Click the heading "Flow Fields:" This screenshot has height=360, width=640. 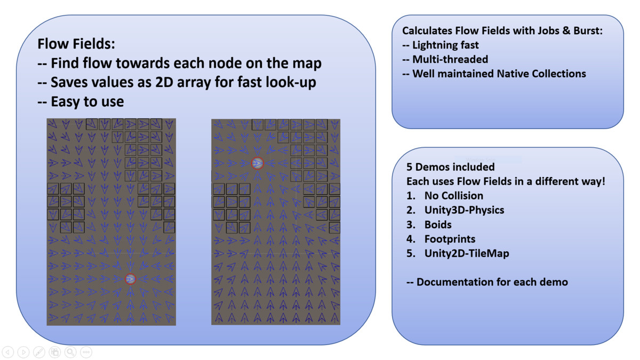76,44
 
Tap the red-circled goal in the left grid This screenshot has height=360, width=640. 131,279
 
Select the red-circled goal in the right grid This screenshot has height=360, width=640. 258,163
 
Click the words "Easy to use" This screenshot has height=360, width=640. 87,102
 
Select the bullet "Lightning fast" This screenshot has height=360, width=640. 446,45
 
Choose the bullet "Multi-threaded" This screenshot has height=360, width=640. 450,59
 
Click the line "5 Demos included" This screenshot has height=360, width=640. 450,167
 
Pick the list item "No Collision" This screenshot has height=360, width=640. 454,196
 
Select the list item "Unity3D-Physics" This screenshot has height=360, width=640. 465,210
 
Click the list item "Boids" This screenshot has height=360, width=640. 438,225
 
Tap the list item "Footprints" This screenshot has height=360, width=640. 450,239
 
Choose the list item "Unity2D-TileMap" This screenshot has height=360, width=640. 467,253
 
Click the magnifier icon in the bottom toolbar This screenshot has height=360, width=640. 70,352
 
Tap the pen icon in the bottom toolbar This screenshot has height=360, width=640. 39,352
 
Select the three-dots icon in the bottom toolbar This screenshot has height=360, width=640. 86,352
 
